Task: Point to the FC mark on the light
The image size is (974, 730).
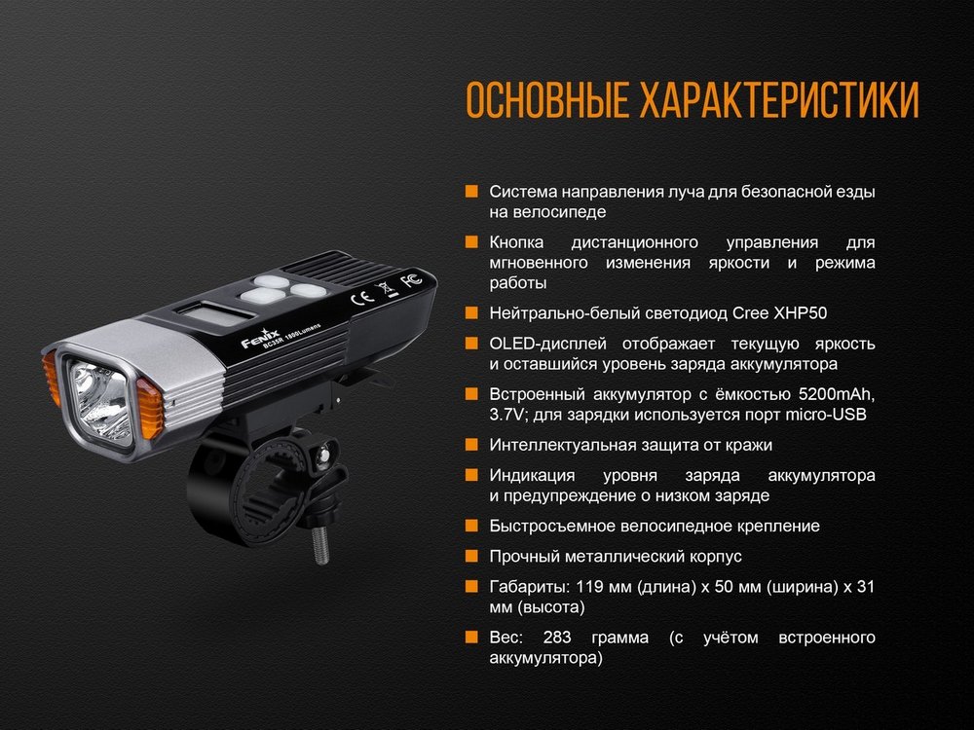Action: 411,281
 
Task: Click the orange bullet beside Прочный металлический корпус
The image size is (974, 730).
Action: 471,556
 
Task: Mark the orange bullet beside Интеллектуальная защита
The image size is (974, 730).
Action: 471,445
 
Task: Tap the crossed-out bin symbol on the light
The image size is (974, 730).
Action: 385,289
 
